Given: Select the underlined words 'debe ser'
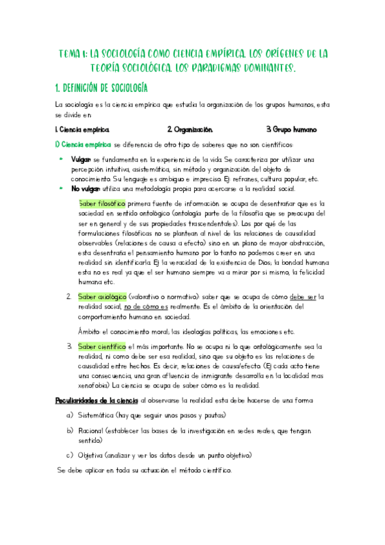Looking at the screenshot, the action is [303, 296].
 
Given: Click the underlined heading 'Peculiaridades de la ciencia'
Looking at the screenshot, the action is [96, 400].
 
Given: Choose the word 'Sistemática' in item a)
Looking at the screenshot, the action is [96, 415].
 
